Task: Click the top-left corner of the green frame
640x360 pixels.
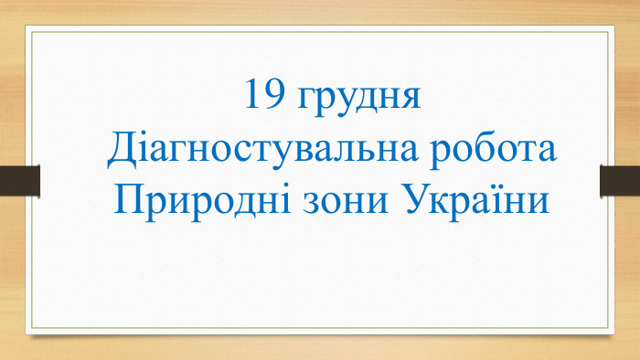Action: click(32, 33)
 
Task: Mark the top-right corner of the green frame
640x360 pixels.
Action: click(608, 33)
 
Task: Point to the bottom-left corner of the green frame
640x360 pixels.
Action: click(32, 327)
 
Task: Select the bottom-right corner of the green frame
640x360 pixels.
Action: click(608, 327)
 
